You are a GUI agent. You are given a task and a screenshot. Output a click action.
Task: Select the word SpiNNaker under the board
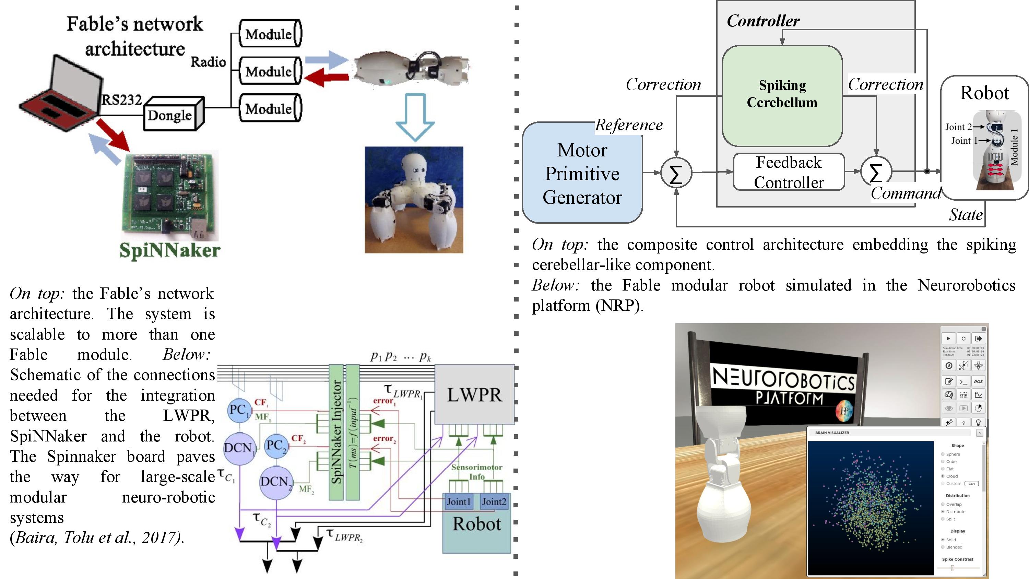pos(170,250)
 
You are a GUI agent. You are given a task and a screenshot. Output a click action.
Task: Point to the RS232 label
pos(121,99)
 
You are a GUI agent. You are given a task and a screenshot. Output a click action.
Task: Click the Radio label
pos(208,62)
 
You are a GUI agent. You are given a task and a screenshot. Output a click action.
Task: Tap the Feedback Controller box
pos(789,172)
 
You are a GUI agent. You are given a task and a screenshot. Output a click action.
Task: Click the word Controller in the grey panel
pos(762,21)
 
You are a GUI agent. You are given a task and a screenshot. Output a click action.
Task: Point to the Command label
pos(906,193)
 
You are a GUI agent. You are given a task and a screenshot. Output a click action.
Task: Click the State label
pos(966,215)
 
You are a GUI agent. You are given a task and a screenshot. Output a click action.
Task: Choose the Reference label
pos(628,125)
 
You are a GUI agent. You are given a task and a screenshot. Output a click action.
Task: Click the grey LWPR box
pos(474,394)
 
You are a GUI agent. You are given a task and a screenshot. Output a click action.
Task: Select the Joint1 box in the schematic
pos(458,502)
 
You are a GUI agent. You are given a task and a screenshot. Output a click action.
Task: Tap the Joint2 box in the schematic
pos(494,502)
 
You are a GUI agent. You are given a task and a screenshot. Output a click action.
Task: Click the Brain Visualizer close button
pos(980,433)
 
